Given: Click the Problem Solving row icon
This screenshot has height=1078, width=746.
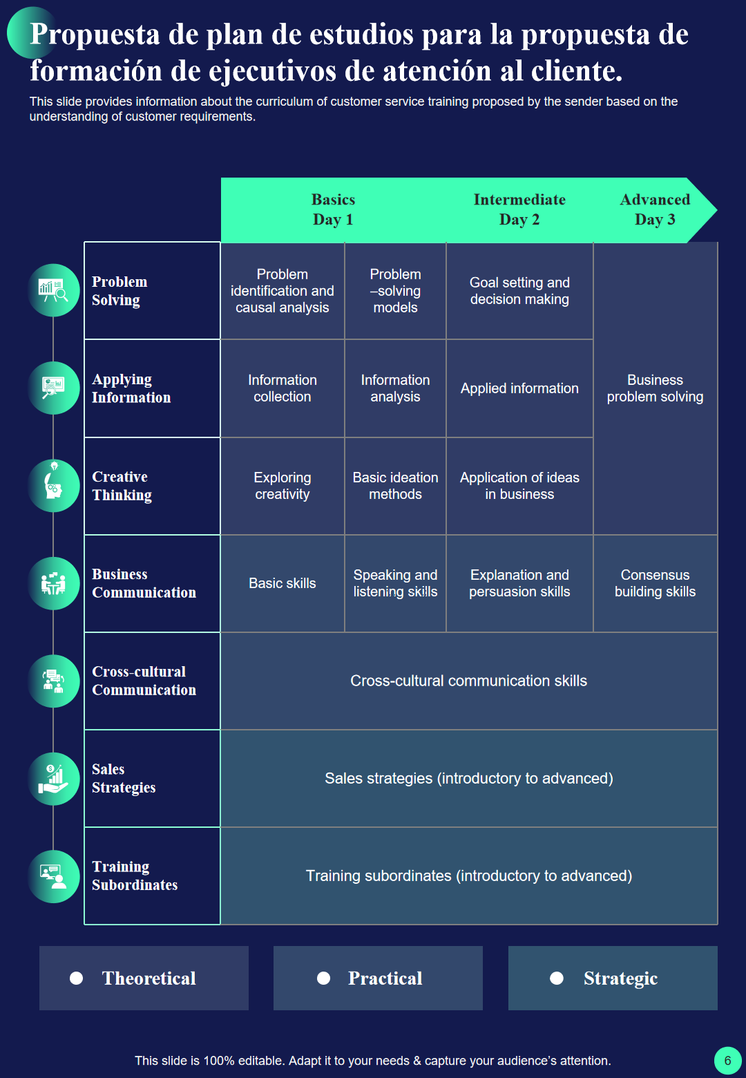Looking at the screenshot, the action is click(53, 290).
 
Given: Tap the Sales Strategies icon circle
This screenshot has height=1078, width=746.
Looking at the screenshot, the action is click(53, 779).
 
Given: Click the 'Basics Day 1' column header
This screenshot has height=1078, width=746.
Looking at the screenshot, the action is click(333, 209).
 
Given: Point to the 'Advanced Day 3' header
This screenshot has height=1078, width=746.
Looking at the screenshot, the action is click(655, 209).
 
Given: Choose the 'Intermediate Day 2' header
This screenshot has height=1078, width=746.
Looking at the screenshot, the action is click(519, 209).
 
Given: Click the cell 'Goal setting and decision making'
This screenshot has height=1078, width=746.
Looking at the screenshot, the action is click(519, 291).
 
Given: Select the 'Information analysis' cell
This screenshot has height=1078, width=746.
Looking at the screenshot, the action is click(395, 388).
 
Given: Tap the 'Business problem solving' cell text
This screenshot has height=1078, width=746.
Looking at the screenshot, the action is click(655, 388).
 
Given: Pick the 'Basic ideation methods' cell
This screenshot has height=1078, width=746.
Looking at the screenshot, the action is click(395, 486).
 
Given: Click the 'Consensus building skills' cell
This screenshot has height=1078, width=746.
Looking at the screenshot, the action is click(655, 583).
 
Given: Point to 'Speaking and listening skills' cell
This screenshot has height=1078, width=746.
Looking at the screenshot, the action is click(395, 583).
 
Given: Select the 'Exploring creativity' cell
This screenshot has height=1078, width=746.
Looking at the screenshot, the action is click(283, 486).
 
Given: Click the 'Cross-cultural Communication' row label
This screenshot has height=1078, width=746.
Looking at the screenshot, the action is click(144, 681).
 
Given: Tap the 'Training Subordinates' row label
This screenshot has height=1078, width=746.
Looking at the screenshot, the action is click(135, 876).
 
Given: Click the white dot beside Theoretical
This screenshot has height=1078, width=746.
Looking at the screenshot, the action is click(77, 978).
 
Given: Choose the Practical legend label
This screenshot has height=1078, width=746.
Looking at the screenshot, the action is click(385, 978).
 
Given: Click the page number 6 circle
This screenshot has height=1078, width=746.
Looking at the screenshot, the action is click(728, 1060).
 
